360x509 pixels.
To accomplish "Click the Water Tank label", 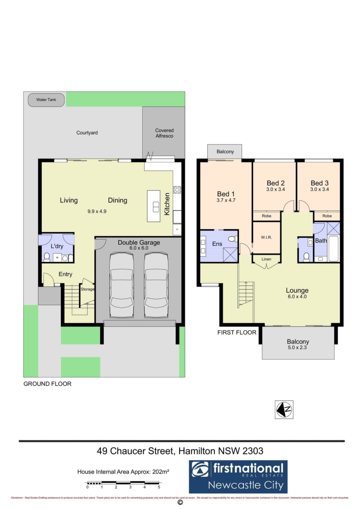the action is [x=46, y=100].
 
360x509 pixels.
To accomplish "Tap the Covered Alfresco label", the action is [x=164, y=133].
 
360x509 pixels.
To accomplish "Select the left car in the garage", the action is [x=122, y=285].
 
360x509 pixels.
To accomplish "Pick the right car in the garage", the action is [x=156, y=285].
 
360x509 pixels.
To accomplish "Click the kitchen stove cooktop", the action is [x=177, y=190].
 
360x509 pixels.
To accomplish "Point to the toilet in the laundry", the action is [x=47, y=257].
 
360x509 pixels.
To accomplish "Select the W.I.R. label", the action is [x=266, y=237].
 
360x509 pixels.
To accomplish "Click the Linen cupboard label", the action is [x=266, y=259].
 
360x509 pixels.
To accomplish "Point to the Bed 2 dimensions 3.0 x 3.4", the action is [x=276, y=189].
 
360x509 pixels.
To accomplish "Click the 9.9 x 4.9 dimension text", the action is [x=97, y=211].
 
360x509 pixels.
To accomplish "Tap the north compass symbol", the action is [x=284, y=410].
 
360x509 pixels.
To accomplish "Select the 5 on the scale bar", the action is [x=159, y=487].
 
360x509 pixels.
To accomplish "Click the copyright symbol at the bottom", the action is [x=180, y=502].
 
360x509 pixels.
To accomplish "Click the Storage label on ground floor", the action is [x=88, y=289].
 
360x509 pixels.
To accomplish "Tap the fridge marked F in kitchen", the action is [x=177, y=230].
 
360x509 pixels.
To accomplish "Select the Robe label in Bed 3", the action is [x=327, y=216].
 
